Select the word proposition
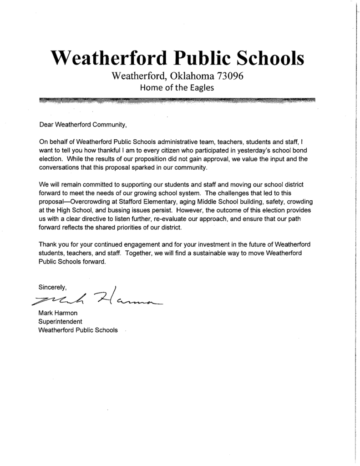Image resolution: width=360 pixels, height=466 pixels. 155,159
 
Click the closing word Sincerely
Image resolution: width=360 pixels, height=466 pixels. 53,288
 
